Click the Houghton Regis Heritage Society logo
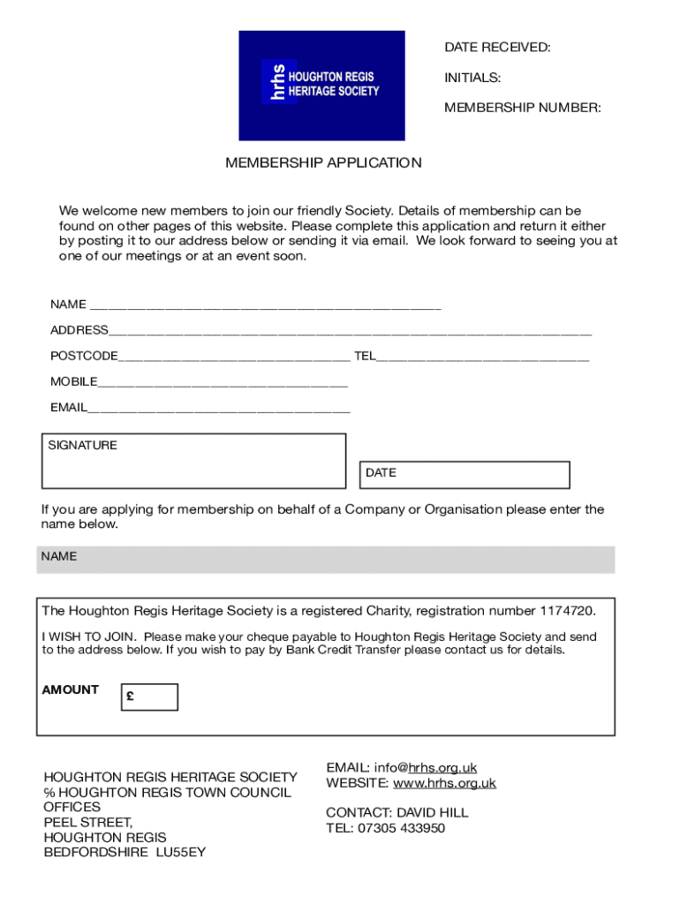[x=321, y=86]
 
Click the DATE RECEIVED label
[x=497, y=48]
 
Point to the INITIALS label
[x=472, y=79]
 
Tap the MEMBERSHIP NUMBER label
[x=522, y=108]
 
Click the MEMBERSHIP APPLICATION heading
[x=323, y=162]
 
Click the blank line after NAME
[x=265, y=305]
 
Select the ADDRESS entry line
[x=350, y=331]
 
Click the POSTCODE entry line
[x=234, y=357]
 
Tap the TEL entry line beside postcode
[x=482, y=357]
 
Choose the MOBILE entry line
[x=223, y=382]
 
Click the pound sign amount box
[x=149, y=697]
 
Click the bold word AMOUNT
[x=71, y=689]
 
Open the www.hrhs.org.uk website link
[x=444, y=783]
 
